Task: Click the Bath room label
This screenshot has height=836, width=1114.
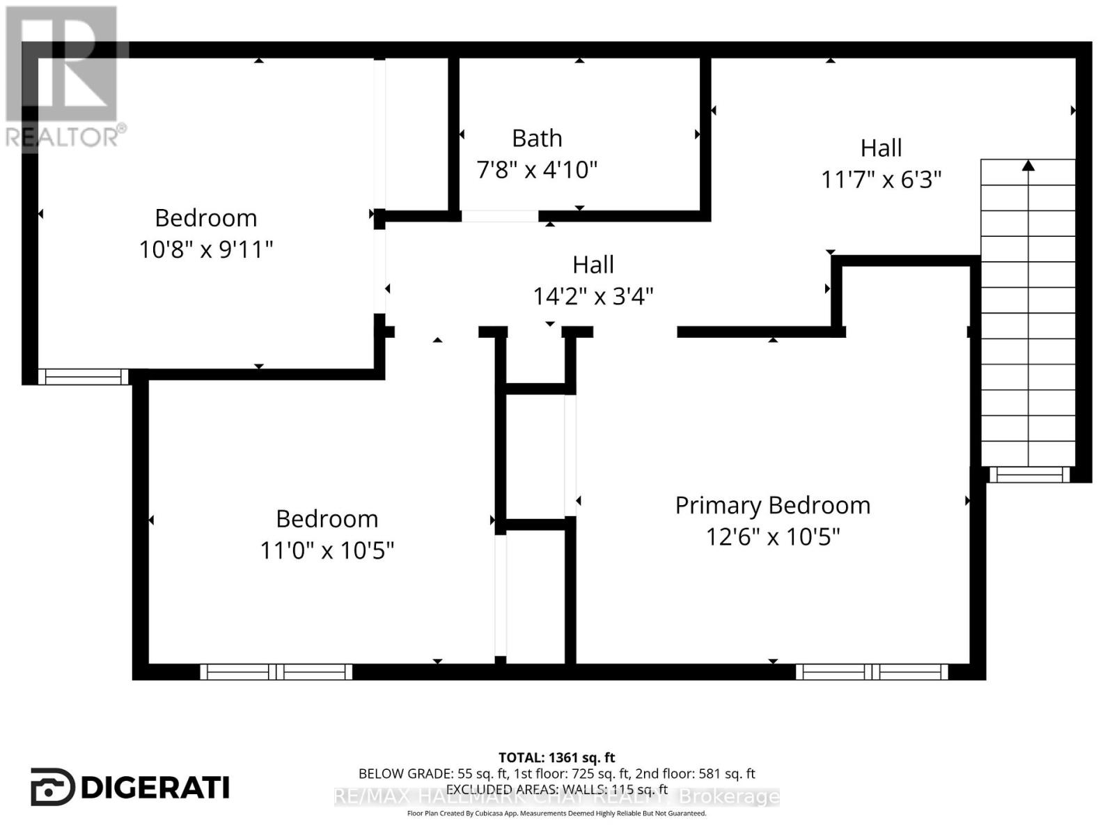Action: pos(537,139)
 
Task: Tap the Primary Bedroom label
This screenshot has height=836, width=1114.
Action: pos(773,505)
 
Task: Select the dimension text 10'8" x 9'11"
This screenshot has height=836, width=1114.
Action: pos(206,249)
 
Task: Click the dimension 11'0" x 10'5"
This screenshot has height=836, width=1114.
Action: pos(327,550)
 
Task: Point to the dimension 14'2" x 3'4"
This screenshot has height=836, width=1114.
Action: pos(593,297)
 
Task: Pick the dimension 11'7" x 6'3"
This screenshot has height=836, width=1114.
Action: pos(881,180)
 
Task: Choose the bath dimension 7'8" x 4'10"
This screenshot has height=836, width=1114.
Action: pos(537,169)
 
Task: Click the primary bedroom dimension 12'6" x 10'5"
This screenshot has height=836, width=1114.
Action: pos(773,537)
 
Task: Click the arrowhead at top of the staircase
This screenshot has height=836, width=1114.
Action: pos(1028,165)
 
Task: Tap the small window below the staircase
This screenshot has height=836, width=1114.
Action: pos(1030,475)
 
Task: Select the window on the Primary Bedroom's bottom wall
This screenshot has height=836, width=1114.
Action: pos(872,672)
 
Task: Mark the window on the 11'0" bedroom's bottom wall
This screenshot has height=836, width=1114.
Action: pos(276,672)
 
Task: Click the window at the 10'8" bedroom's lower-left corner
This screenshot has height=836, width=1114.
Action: pos(83,377)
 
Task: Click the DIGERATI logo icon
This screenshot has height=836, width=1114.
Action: pos(52,787)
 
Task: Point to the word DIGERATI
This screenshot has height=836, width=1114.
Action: pos(155,788)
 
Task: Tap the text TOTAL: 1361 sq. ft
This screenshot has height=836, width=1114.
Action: pos(557,757)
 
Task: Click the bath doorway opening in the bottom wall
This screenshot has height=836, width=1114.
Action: pos(500,216)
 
